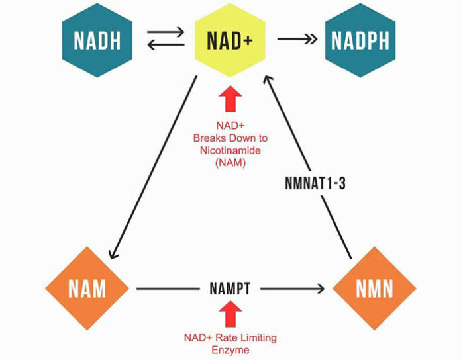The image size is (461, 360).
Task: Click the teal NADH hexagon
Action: coord(97,40)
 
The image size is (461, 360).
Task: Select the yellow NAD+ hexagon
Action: coord(230,40)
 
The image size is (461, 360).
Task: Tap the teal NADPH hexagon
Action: coord(360,40)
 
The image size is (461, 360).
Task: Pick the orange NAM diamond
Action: coord(87,289)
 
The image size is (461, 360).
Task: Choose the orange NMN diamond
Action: coord(374,289)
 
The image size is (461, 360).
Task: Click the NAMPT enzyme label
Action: coord(230,289)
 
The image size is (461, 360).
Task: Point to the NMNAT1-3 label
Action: coord(315,183)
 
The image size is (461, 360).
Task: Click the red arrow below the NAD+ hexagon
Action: coord(230,99)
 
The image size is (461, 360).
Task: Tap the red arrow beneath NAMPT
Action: coord(230,314)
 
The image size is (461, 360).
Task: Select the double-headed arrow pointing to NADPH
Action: coord(297,39)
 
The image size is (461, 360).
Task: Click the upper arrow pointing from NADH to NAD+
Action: coord(166,32)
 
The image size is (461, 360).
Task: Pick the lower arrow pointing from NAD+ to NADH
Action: coord(166,45)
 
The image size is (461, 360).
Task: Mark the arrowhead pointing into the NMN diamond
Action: coord(321,289)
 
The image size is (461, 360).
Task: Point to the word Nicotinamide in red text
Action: coord(230,150)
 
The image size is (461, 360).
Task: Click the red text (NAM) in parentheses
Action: coord(230,163)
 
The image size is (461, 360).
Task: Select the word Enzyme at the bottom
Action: coord(230,350)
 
